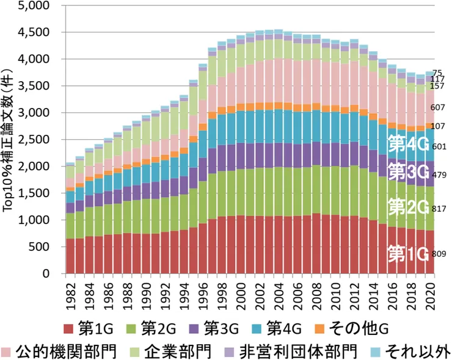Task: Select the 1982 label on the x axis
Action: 71,295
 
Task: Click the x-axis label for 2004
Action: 278,295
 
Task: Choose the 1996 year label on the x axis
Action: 203,295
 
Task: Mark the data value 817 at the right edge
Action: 440,209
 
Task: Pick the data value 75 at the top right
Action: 438,73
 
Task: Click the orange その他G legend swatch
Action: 319,329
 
